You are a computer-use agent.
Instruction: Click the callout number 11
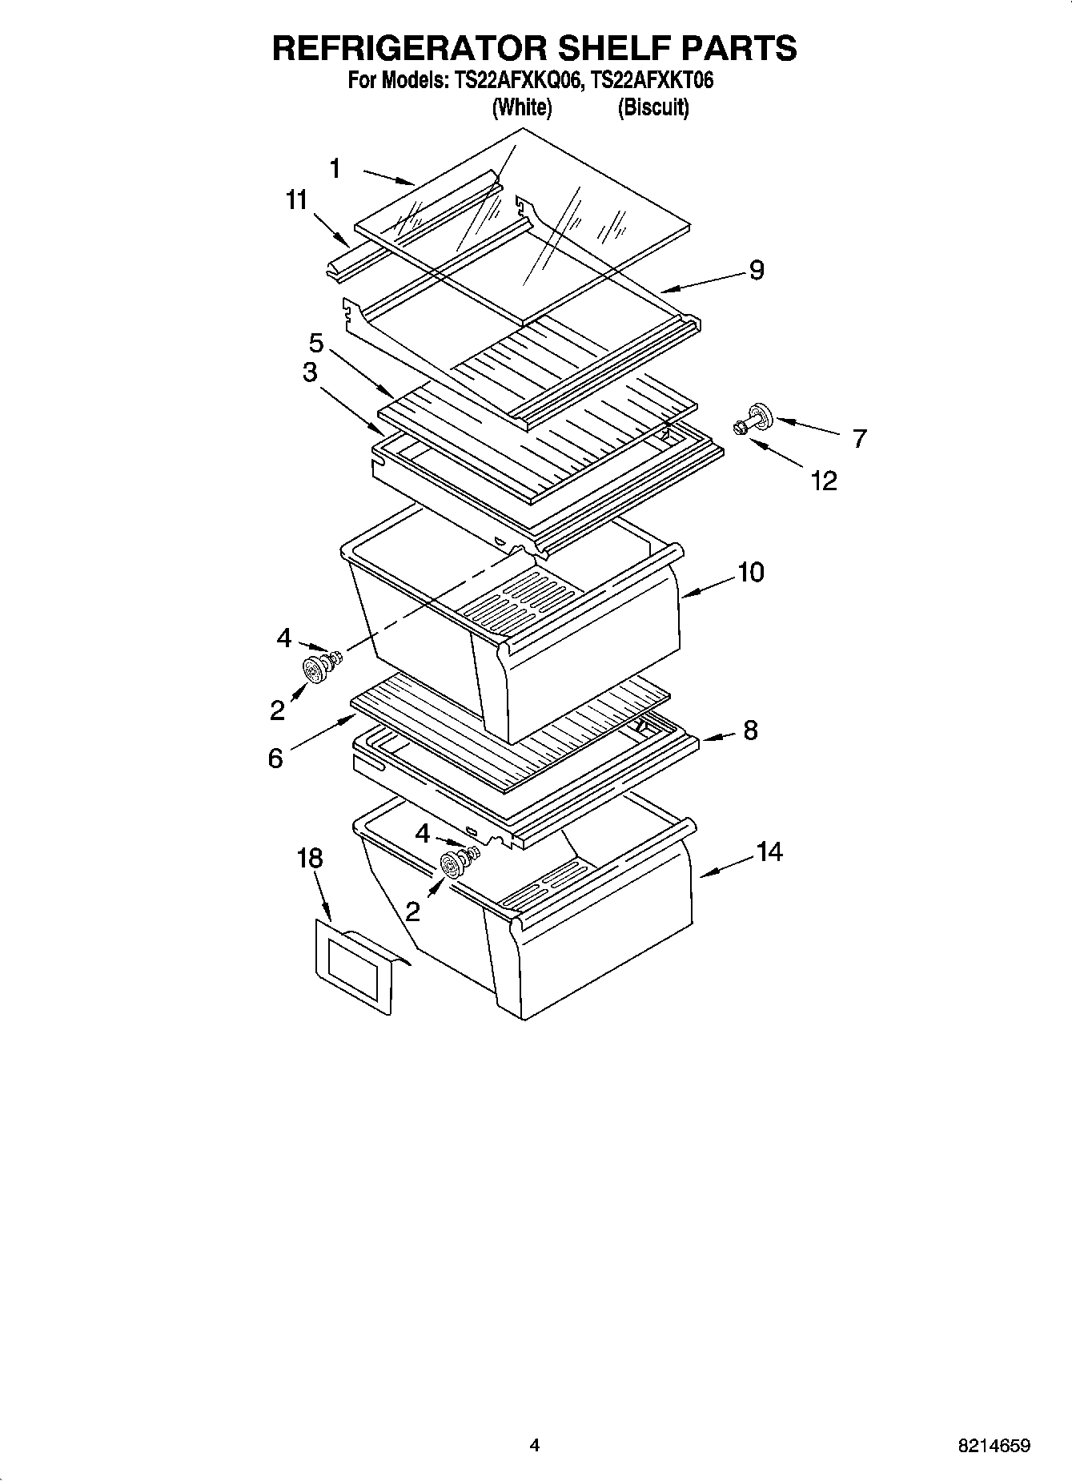[x=297, y=200]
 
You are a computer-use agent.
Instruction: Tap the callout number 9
[x=757, y=271]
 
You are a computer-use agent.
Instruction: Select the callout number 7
[x=859, y=439]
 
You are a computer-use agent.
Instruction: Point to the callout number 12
[x=824, y=481]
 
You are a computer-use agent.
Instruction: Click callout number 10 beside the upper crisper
[x=750, y=573]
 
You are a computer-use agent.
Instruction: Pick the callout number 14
[x=769, y=852]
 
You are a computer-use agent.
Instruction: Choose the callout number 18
[x=309, y=859]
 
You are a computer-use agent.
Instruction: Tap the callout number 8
[x=749, y=730]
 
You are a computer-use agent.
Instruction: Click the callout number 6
[x=275, y=758]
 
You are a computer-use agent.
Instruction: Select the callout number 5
[x=316, y=344]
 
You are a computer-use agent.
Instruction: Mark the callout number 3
[x=309, y=372]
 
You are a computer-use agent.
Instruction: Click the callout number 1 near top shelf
[x=335, y=169]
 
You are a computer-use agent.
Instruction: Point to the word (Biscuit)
[x=652, y=107]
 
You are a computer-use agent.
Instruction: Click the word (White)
[x=521, y=107]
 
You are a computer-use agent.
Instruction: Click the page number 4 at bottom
[x=535, y=1446]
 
